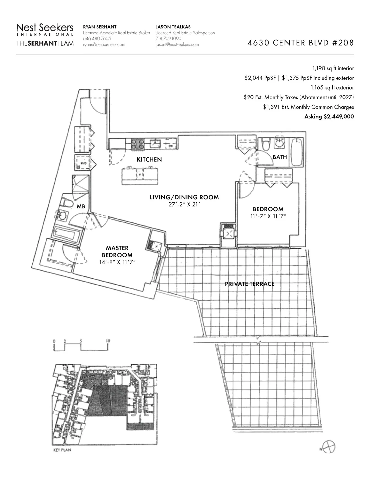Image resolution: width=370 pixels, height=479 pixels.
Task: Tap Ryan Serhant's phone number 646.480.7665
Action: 97,39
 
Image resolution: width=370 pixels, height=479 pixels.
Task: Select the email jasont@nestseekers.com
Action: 177,44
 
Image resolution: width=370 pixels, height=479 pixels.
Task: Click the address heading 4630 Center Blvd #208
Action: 300,43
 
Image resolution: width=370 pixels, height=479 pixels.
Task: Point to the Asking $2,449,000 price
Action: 329,117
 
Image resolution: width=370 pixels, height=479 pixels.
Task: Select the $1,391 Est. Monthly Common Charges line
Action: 308,107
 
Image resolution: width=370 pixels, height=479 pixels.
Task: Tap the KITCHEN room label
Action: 149,159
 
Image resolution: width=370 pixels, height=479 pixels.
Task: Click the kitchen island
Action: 141,175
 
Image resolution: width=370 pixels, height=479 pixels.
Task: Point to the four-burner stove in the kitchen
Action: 138,144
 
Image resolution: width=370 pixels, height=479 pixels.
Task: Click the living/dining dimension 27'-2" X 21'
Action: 184,204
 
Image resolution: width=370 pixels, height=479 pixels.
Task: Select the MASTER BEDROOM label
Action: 117,251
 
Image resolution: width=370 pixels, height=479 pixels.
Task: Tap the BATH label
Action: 280,157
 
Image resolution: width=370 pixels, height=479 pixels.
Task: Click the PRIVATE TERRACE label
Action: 249,284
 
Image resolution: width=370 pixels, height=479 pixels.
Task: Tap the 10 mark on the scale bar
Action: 108,341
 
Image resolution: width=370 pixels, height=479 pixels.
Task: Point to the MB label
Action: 81,206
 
